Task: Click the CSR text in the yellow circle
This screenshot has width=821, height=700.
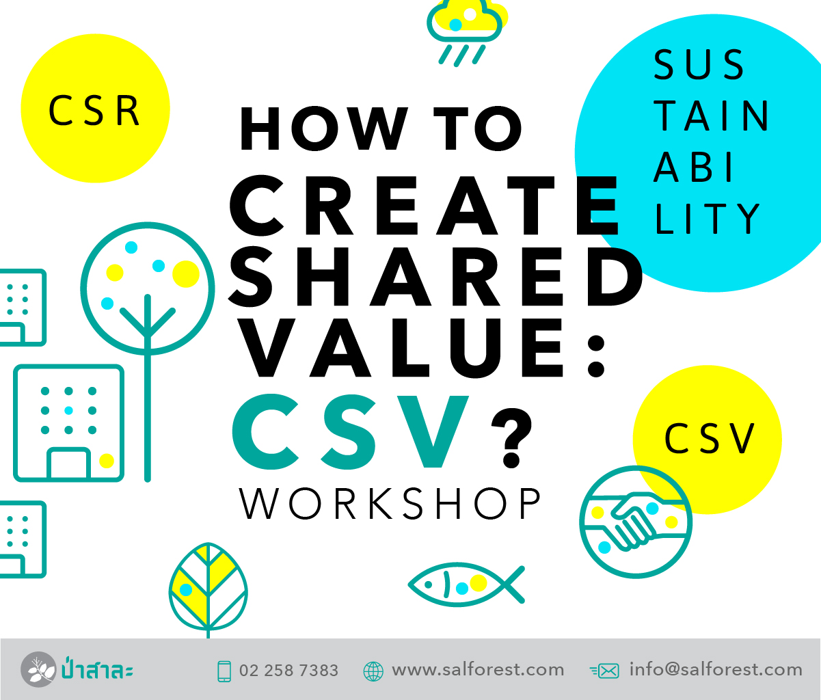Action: (94, 111)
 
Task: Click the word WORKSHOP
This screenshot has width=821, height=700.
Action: (390, 504)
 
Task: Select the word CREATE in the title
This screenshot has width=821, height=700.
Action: (425, 205)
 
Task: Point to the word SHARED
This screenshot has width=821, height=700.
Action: (435, 277)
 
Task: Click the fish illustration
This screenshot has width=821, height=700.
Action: (466, 584)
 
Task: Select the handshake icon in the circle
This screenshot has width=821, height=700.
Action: (636, 522)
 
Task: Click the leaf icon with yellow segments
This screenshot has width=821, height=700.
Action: (208, 590)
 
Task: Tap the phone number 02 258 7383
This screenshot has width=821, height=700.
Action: (288, 671)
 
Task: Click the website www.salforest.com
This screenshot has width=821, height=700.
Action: (478, 670)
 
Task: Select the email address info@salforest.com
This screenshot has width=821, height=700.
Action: (716, 670)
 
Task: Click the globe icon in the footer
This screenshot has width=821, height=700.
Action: (373, 672)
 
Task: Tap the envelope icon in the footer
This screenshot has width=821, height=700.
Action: (604, 671)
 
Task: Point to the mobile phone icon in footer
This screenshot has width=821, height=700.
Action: (224, 671)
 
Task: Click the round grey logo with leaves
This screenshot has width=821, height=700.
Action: (38, 669)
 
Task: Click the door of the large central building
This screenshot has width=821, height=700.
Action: (69, 463)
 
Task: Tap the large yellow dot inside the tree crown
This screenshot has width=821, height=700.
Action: (185, 274)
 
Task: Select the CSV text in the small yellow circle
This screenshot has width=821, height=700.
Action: (710, 438)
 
